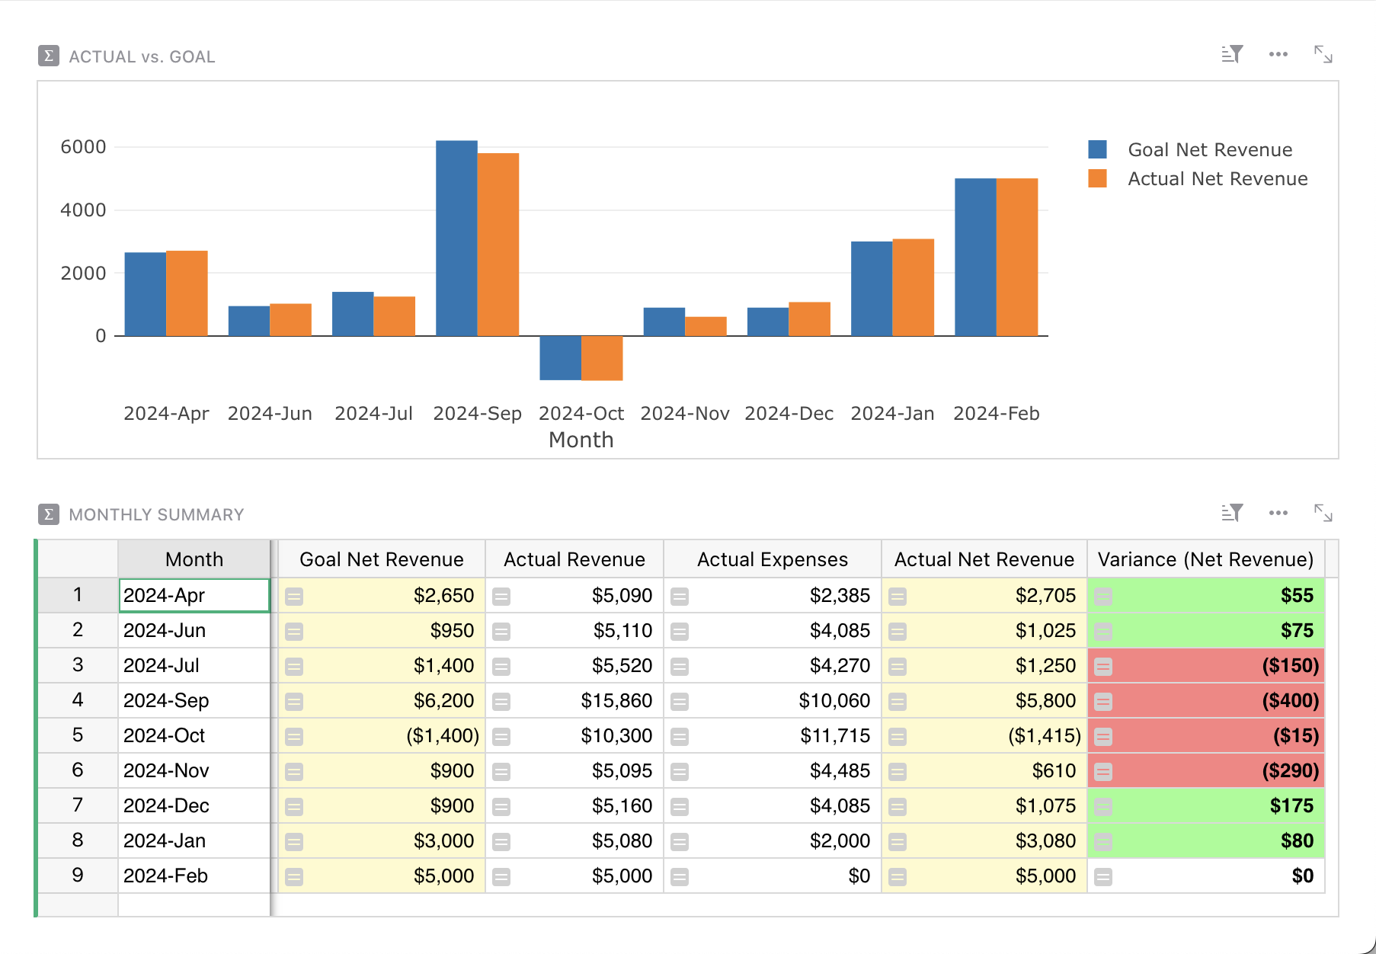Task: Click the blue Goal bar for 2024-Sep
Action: click(x=456, y=238)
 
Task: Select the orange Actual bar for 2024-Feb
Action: click(x=1017, y=257)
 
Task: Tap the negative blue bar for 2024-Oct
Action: click(x=560, y=357)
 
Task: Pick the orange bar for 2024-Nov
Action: click(x=706, y=326)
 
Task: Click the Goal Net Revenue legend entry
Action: click(x=1209, y=149)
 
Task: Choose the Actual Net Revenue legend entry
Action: click(x=1217, y=178)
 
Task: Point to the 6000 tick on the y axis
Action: click(x=83, y=147)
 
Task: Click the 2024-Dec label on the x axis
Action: click(x=789, y=413)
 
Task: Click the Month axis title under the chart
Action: click(x=581, y=440)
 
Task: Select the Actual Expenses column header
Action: click(x=772, y=559)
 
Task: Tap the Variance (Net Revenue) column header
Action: click(x=1205, y=559)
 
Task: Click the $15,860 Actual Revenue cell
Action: click(x=616, y=700)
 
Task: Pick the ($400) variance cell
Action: click(x=1290, y=700)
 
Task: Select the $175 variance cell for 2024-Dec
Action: click(x=1291, y=805)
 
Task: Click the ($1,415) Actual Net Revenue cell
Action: click(x=1044, y=735)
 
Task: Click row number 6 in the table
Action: click(x=78, y=770)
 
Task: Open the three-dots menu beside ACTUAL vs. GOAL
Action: click(x=1278, y=55)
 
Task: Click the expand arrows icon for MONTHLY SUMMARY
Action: click(x=1323, y=513)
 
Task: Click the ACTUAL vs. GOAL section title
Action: click(x=142, y=56)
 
